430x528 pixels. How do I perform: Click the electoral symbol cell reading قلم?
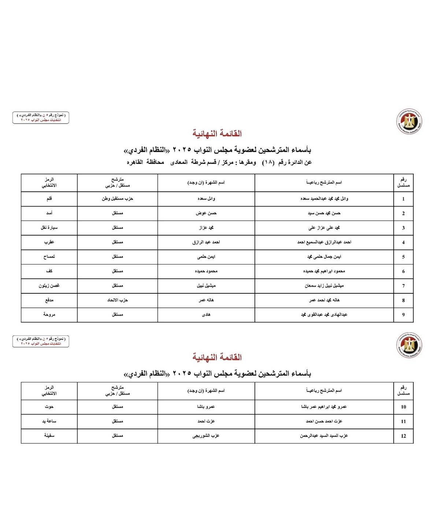click(49, 199)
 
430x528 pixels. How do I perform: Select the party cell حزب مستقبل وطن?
click(117, 199)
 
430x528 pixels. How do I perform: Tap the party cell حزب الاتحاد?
click(117, 300)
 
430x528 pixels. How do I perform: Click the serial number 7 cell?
click(403, 286)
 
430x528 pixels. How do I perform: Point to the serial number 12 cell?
click(403, 436)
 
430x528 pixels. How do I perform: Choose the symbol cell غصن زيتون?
click(49, 286)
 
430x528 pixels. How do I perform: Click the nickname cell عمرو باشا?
click(206, 407)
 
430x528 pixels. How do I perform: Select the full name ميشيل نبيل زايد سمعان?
click(324, 286)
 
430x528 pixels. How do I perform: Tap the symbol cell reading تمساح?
click(49, 257)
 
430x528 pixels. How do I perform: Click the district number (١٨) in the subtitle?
click(268, 162)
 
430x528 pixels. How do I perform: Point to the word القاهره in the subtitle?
click(135, 162)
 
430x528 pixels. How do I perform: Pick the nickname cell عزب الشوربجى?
click(206, 436)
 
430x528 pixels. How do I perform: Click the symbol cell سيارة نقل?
click(49, 228)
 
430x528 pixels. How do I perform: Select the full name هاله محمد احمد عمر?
click(324, 300)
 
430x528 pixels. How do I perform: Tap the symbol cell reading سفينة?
click(49, 436)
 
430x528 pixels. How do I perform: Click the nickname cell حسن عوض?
click(206, 213)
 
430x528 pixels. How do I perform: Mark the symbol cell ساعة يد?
click(49, 421)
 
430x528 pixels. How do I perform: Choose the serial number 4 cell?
click(403, 242)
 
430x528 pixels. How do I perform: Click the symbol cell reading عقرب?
click(49, 242)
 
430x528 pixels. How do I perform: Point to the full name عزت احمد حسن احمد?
click(324, 421)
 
